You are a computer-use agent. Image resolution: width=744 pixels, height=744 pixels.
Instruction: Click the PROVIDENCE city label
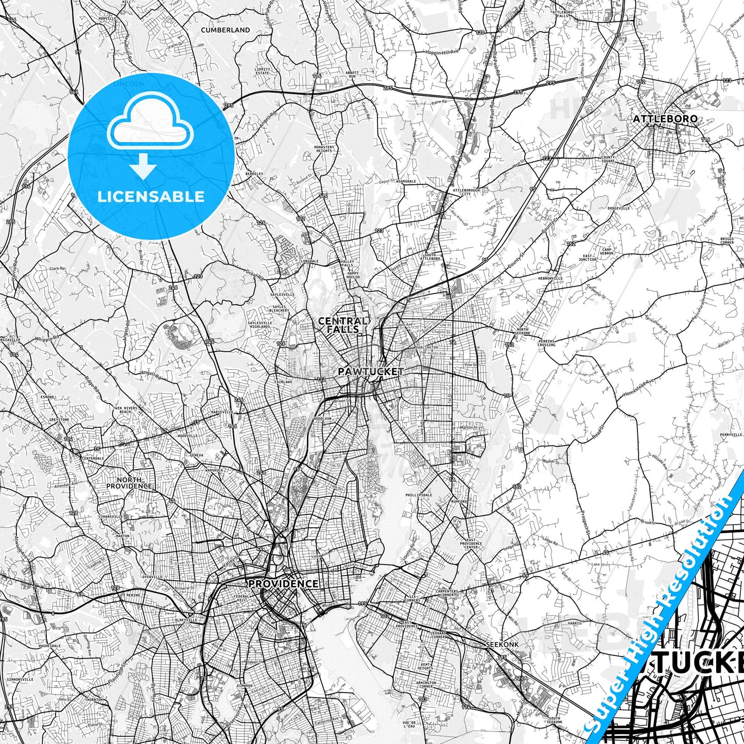[x=283, y=584]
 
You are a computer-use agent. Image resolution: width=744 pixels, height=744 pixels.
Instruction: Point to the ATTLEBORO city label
[x=665, y=119]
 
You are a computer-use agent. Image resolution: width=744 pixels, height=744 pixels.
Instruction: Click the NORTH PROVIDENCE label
[x=130, y=483]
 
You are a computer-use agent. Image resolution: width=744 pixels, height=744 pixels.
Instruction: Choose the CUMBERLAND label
[x=226, y=30]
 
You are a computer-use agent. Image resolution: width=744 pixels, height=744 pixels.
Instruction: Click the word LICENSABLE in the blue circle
[x=151, y=196]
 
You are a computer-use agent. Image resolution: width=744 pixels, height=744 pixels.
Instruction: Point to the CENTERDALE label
[x=93, y=458]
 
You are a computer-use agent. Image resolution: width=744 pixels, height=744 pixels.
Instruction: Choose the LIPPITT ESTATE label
[x=262, y=71]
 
